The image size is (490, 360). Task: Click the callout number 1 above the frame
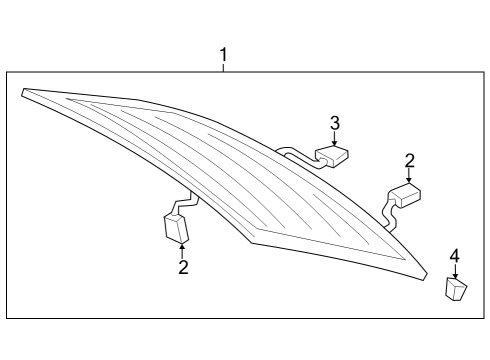(x=224, y=55)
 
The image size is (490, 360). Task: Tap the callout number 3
(x=335, y=123)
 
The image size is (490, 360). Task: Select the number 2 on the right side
(x=409, y=161)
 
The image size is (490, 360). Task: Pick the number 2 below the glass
(x=183, y=267)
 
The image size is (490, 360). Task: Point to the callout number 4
(x=455, y=256)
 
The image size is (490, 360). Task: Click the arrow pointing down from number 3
(x=335, y=138)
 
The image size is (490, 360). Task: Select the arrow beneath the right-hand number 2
(x=409, y=176)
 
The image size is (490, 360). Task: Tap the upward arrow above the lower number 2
(x=182, y=251)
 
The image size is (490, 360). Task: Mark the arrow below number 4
(x=455, y=271)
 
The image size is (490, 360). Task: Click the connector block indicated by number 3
(x=332, y=156)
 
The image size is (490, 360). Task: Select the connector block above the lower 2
(x=176, y=228)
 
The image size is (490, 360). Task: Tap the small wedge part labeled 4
(x=456, y=289)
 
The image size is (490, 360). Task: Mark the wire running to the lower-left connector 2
(x=183, y=202)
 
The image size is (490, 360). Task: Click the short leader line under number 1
(x=224, y=68)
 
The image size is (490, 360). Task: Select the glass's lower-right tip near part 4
(x=426, y=275)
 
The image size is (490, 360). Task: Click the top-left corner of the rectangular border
(x=7, y=72)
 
